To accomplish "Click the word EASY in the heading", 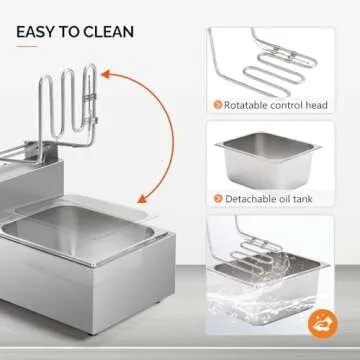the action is point(36,32).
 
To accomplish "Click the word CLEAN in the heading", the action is point(109,32).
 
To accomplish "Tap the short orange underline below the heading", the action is point(27,46).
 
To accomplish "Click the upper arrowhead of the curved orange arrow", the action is point(106,74).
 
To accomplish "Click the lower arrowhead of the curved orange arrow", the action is point(142,199).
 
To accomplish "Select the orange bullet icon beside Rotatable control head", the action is point(218,105).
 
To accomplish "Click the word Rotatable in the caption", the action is point(246,105).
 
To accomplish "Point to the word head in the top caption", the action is point(317,105).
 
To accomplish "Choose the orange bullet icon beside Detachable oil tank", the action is point(218,199).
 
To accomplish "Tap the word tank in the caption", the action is point(302,199).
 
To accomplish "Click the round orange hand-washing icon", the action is point(323,324).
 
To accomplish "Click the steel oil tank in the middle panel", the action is point(268,160).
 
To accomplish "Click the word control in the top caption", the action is point(287,105).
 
